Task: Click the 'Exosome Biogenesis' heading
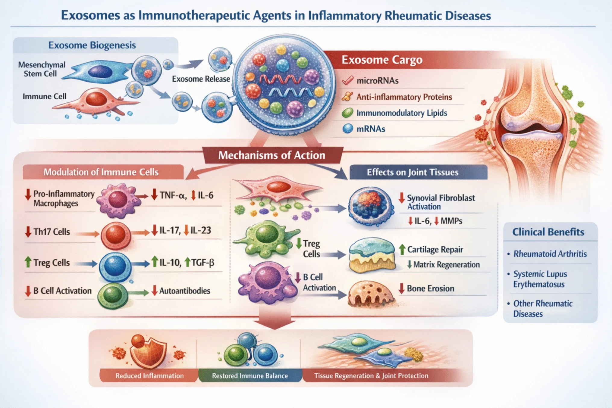pos(92,45)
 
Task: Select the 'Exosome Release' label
pos(201,79)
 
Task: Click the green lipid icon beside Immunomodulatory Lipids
pos(347,113)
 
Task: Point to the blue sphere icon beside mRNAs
pos(348,129)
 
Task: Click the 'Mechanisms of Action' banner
pos(272,155)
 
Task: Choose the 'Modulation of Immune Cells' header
pos(101,172)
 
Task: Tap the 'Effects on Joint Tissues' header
pos(412,172)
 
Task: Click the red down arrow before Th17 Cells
pos(28,232)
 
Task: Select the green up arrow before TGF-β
pos(187,262)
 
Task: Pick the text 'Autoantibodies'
pos(184,291)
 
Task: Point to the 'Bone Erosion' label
pos(430,288)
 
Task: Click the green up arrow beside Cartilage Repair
pos(402,249)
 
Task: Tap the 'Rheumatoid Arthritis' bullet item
pos(550,254)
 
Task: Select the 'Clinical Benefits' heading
pos(548,232)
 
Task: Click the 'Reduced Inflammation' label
pos(149,375)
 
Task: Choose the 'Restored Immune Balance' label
pos(250,375)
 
